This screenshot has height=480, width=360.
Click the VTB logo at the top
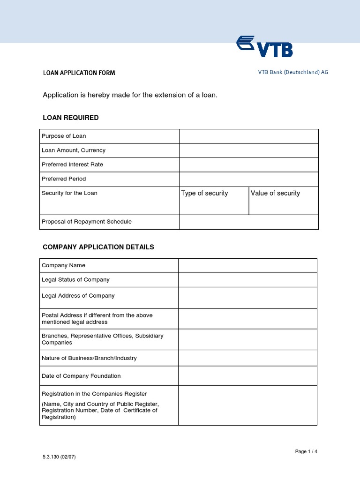point(265,46)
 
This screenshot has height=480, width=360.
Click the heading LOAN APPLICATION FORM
point(79,73)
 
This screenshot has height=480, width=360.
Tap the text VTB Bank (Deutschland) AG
point(293,72)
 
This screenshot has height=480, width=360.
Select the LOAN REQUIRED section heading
point(71,118)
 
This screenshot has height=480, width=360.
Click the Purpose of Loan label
point(64,136)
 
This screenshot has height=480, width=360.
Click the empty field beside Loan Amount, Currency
point(248,150)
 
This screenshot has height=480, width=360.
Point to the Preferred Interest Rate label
point(72,165)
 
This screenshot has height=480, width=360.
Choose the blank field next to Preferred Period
point(248,179)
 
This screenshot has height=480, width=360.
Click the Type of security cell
point(214,200)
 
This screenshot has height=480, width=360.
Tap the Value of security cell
point(283,200)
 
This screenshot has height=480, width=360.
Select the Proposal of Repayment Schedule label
point(87,222)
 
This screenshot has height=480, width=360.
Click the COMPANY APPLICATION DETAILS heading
point(98,247)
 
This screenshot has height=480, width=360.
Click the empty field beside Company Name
point(247,265)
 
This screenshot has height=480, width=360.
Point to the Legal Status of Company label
point(75,280)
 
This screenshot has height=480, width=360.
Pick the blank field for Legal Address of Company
point(247,297)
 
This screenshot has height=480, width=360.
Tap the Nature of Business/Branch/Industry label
point(89,358)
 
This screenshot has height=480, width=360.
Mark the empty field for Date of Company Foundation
point(247,376)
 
